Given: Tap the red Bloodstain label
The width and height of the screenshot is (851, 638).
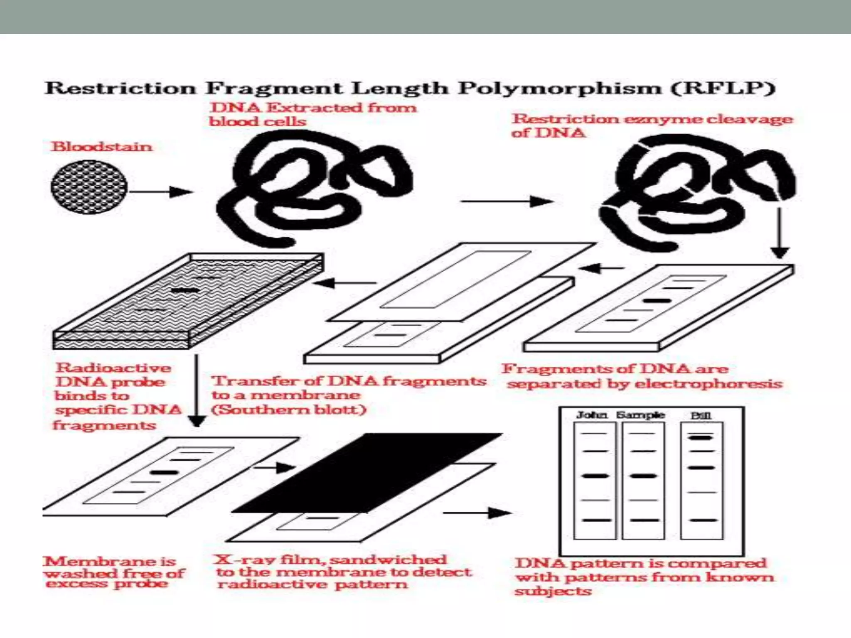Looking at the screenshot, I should click(101, 147).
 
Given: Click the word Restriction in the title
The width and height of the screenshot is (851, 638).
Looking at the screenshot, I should click(120, 88).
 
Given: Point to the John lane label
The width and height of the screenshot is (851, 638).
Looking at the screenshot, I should click(592, 415).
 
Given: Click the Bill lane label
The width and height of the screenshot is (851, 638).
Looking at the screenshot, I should click(701, 415).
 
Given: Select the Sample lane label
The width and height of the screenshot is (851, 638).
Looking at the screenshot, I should click(640, 415).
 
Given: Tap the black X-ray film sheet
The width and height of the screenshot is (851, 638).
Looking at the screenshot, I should click(366, 474).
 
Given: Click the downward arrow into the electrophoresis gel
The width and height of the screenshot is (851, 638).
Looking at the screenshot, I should click(780, 233).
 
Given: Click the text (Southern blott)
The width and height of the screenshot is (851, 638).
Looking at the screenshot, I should click(289, 410).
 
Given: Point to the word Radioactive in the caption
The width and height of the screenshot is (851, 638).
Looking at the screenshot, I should click(113, 368).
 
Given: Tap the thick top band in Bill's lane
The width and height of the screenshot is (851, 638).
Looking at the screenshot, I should click(701, 437).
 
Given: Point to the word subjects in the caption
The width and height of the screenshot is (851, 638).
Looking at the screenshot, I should click(553, 591).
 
